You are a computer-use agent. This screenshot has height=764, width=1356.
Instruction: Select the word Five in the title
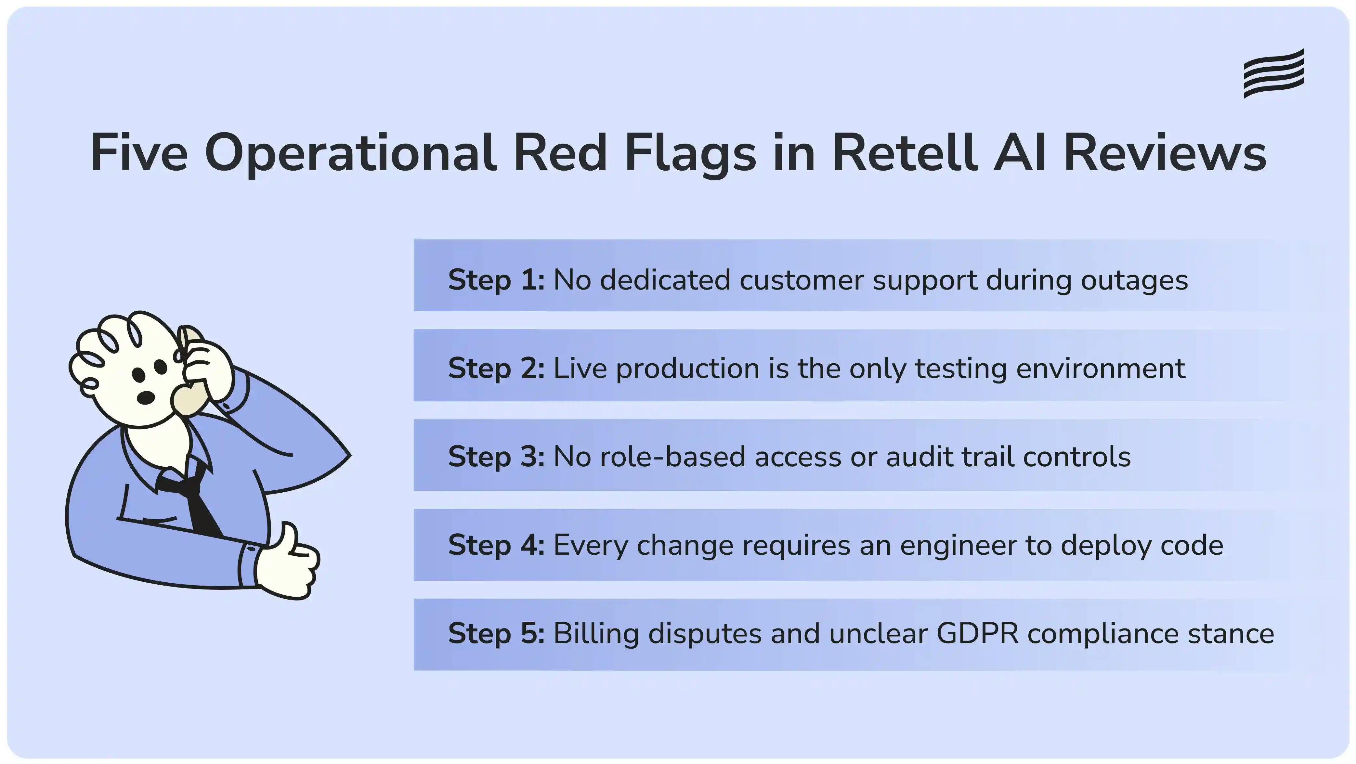[139, 153]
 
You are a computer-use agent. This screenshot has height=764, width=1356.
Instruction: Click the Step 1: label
[496, 279]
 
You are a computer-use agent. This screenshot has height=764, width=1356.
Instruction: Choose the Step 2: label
[496, 368]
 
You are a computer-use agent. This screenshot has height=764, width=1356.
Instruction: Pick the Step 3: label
[496, 456]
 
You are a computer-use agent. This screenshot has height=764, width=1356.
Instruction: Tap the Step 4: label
[496, 545]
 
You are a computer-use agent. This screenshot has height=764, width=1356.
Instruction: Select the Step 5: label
[496, 633]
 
